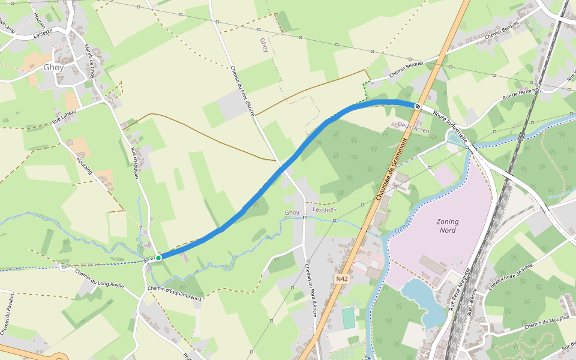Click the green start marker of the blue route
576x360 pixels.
[158, 258]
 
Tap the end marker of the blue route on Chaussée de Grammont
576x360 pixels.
[418, 106]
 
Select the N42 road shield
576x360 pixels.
[342, 278]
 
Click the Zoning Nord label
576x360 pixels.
[448, 226]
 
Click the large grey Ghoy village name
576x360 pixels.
[53, 68]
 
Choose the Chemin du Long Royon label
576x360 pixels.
[100, 278]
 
